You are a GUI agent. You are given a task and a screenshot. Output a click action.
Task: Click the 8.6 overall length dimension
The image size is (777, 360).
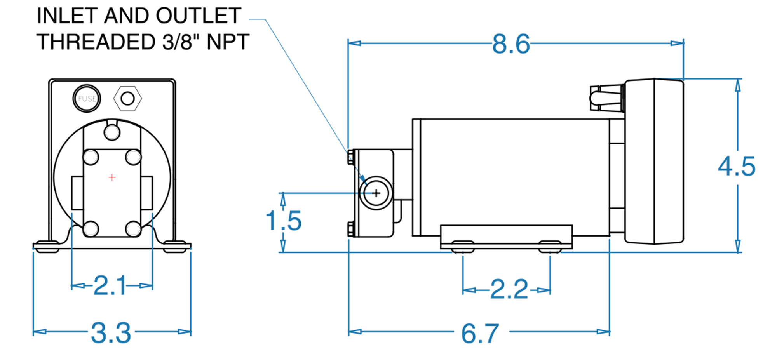(x=510, y=43)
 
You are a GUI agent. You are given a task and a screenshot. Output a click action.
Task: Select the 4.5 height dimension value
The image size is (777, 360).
(x=737, y=167)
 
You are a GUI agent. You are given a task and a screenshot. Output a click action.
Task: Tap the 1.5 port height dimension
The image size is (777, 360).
(x=284, y=221)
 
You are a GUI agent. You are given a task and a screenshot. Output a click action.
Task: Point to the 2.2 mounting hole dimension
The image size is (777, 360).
(x=509, y=289)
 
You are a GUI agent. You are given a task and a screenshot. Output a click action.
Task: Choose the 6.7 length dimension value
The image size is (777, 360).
(x=480, y=333)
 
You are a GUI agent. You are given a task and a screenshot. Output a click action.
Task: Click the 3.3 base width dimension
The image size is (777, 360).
(x=111, y=333)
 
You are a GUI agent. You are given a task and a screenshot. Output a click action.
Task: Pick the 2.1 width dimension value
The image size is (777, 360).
(x=110, y=285)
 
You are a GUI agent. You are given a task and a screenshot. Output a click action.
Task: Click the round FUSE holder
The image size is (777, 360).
(x=87, y=98)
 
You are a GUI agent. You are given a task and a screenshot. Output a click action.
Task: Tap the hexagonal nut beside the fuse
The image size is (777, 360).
(x=127, y=99)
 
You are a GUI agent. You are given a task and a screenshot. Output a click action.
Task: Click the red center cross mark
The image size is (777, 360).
(x=112, y=177)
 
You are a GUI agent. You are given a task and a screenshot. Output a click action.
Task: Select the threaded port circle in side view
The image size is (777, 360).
(x=376, y=193)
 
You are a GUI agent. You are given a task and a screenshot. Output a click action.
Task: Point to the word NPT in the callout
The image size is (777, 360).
(x=228, y=42)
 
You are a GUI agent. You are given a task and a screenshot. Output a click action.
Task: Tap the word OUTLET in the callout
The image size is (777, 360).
(x=199, y=16)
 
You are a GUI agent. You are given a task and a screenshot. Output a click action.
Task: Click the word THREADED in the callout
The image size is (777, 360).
(x=97, y=42)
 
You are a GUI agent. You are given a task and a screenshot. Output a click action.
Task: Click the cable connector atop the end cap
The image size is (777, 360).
(x=607, y=98)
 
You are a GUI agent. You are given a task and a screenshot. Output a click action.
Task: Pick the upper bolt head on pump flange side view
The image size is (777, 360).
(x=351, y=157)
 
